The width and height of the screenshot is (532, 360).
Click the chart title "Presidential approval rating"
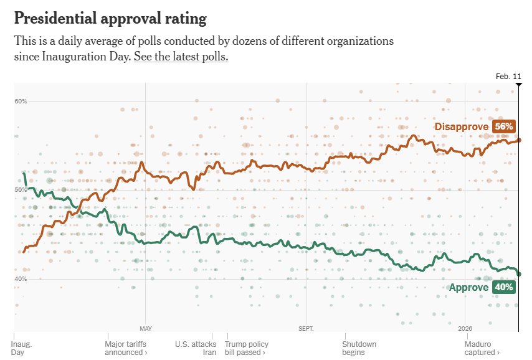[110, 19]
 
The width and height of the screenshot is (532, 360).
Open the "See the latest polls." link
[181, 57]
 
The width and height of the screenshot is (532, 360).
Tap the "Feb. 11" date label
[508, 76]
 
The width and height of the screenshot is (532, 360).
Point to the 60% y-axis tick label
[21, 102]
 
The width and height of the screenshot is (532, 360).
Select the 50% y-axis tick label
[21, 190]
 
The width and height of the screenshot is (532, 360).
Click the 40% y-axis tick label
[21, 278]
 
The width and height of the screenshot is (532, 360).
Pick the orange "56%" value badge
[503, 126]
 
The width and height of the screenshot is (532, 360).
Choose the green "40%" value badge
[503, 287]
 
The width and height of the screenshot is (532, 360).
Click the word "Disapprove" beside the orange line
[461, 126]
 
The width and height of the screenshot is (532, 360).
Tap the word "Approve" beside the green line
[468, 287]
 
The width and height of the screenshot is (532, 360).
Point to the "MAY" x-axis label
[146, 328]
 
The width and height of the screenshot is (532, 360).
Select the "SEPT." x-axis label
[306, 328]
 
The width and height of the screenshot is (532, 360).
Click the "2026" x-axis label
[465, 328]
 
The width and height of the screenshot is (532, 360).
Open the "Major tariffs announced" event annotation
[126, 348]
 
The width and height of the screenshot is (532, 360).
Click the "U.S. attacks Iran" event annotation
[196, 348]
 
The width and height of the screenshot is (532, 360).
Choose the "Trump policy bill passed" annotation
[246, 348]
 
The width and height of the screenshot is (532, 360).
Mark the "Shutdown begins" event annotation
[359, 348]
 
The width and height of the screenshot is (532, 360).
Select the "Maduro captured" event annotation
[482, 348]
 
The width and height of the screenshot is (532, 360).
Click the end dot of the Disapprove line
[519, 141]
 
